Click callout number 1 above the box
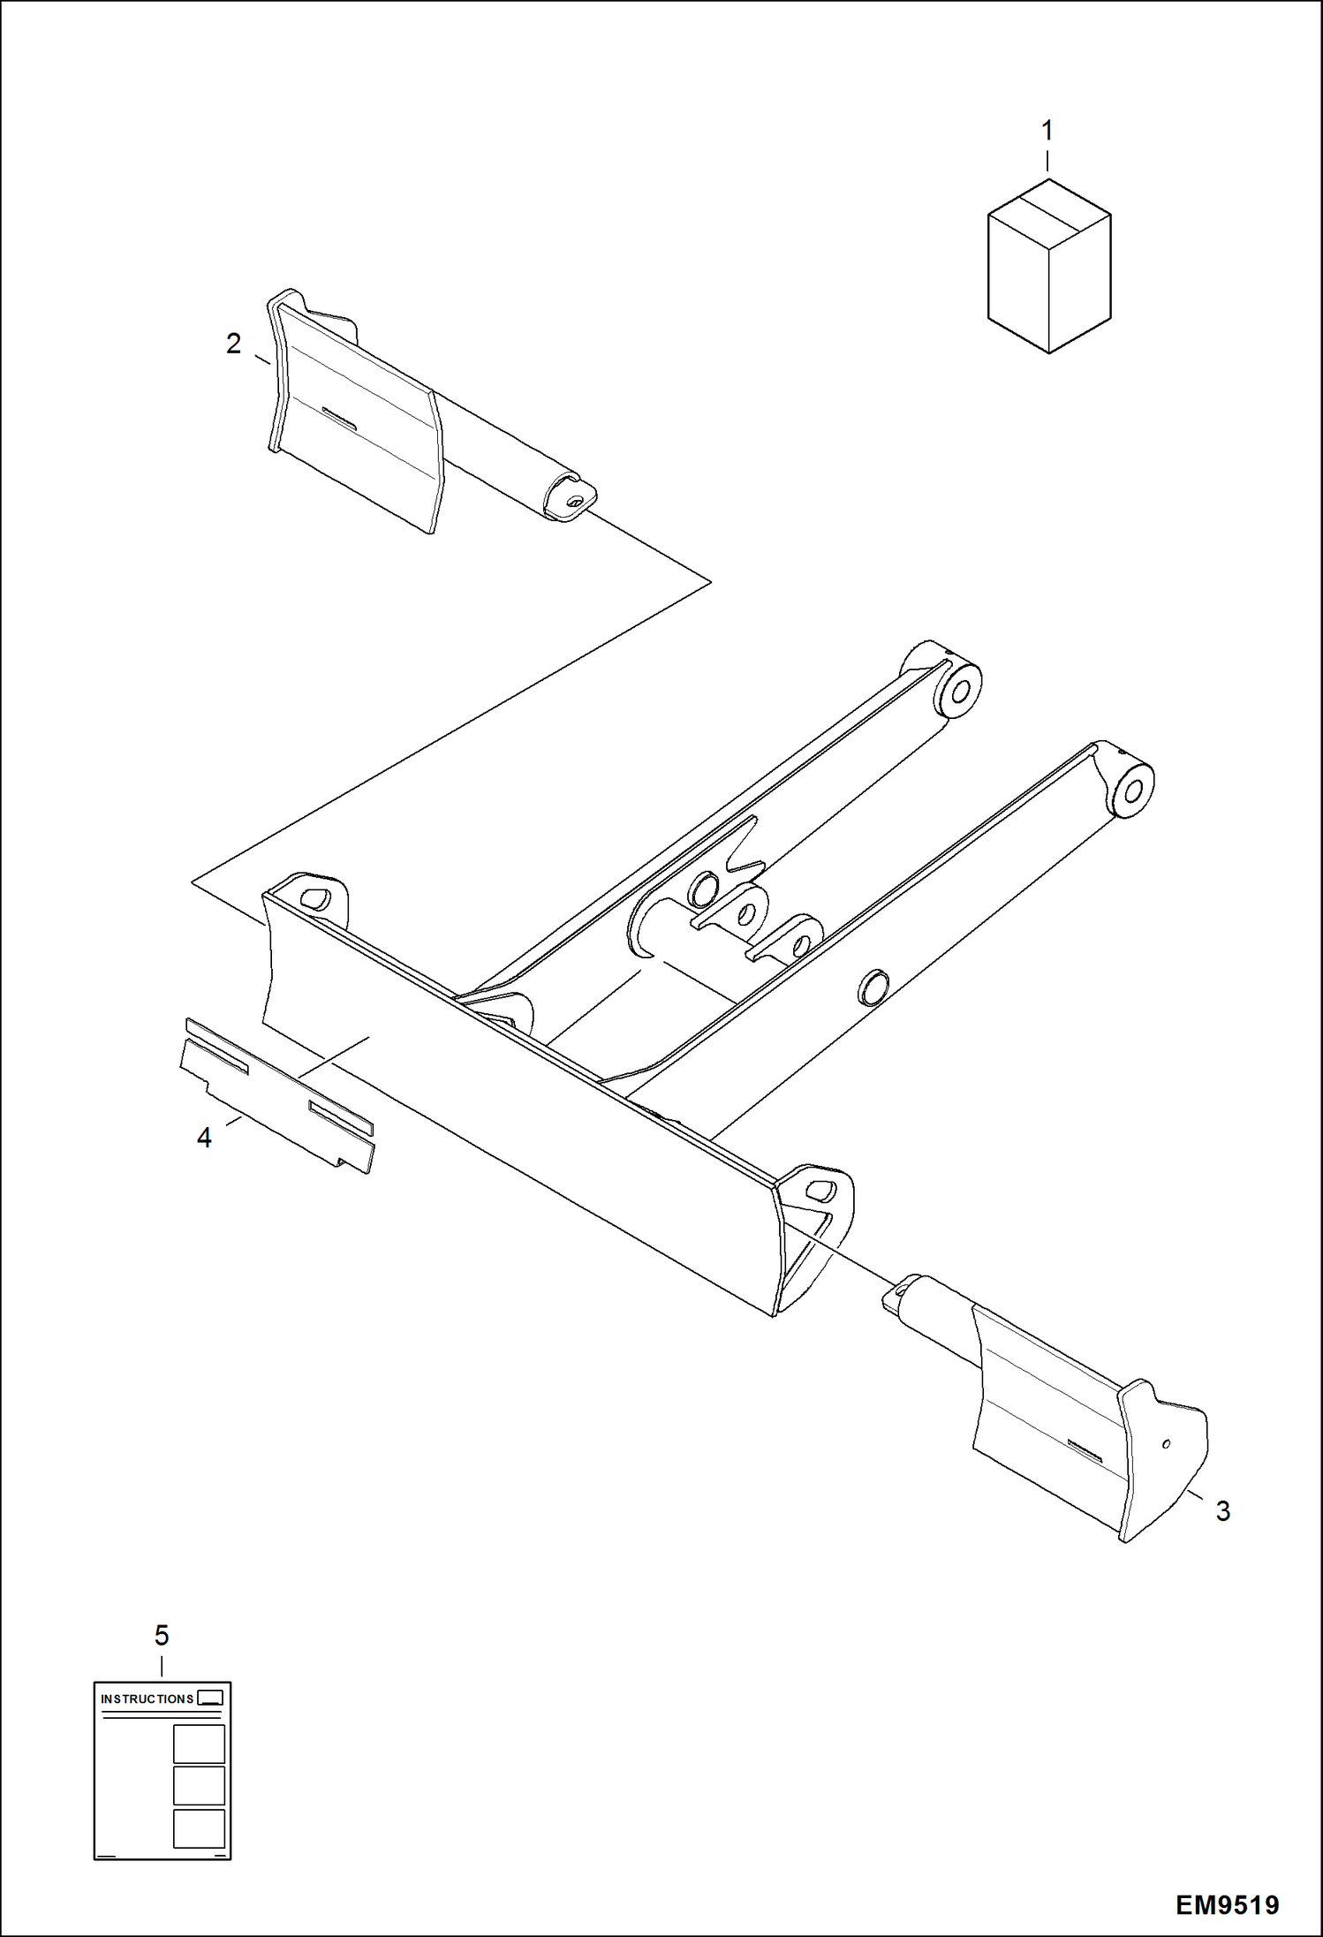coord(1047,132)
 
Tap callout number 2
coord(233,344)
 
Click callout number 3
coord(1222,1511)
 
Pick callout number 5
coord(162,1636)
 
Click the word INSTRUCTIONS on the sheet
coord(147,1699)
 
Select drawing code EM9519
coord(1227,1904)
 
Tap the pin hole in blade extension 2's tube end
coord(575,501)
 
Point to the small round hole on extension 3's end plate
coord(1167,1444)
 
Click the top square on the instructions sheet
coord(199,1744)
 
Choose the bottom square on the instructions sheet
coord(199,1828)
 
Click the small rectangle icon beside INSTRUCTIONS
coord(210,1698)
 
